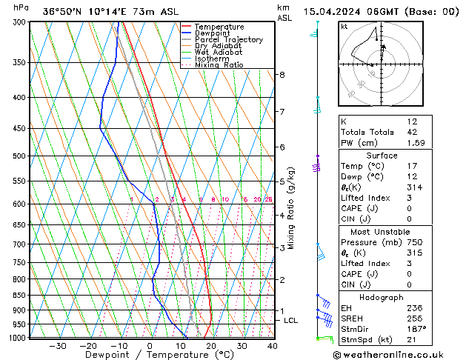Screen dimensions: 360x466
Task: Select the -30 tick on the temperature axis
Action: point(58,346)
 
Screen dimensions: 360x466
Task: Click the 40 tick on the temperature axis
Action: point(273,346)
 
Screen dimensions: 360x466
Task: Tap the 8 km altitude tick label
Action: point(282,75)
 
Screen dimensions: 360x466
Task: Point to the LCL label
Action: point(291,321)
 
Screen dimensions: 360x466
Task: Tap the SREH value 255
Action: point(416,318)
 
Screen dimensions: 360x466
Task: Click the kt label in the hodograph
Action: point(344,27)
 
